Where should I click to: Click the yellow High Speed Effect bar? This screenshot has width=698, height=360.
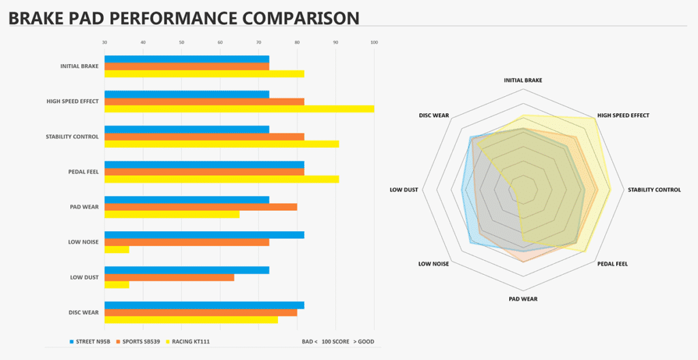click(239, 109)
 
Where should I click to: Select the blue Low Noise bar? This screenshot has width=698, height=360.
click(204, 235)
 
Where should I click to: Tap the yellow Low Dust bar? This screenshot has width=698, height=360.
click(117, 284)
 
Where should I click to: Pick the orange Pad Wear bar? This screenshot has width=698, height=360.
click(200, 207)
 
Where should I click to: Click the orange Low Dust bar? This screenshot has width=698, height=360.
click(169, 277)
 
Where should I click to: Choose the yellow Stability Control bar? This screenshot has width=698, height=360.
click(222, 144)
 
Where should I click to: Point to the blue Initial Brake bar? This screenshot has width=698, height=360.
click(186, 59)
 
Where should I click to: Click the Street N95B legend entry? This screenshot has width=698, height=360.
click(90, 342)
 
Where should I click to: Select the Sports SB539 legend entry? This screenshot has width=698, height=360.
click(139, 342)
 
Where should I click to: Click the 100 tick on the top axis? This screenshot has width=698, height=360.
click(374, 42)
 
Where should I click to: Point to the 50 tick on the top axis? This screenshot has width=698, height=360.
click(181, 42)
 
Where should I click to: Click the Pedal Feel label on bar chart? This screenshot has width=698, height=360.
click(84, 172)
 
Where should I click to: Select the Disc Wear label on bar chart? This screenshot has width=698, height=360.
click(84, 313)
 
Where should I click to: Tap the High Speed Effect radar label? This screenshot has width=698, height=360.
click(623, 115)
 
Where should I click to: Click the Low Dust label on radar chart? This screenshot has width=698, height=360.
click(404, 190)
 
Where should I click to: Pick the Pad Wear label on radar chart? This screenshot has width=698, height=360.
click(523, 299)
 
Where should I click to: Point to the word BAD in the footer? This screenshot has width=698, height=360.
click(308, 342)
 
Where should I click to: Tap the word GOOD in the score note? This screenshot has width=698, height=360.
click(365, 342)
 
